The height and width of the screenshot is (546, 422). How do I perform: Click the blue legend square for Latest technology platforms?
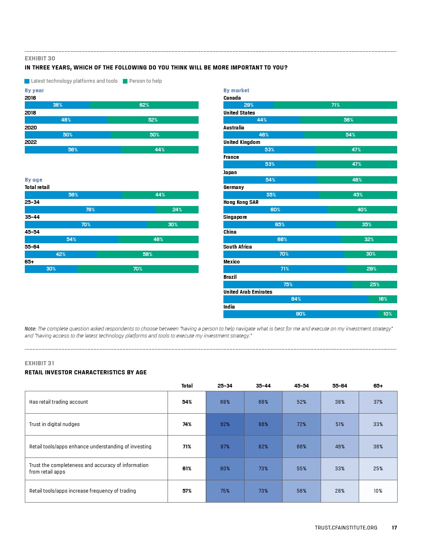tap(27, 81)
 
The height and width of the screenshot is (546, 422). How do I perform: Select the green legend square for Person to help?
tap(125, 81)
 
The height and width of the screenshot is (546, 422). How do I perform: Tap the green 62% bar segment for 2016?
tap(144, 105)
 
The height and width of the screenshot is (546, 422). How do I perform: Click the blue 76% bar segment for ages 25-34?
tap(90, 210)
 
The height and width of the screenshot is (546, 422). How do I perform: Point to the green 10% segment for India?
tap(388, 314)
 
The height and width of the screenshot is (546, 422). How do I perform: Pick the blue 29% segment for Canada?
tap(249, 105)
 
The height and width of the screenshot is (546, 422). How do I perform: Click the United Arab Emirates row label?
tap(248, 292)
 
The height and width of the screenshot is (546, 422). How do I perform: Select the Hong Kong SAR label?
tap(241, 202)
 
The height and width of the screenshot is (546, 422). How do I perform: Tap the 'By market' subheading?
tap(236, 91)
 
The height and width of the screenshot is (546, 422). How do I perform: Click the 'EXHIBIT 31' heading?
tap(39, 363)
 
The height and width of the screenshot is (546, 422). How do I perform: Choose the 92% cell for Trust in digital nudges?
tap(225, 424)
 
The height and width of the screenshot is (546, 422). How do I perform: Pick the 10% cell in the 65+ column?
tap(378, 491)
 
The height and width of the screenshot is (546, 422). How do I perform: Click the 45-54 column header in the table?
tap(302, 386)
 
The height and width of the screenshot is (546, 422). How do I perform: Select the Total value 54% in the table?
tap(187, 402)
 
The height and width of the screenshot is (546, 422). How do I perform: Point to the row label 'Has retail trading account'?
tap(59, 402)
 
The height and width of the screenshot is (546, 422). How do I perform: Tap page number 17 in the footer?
tap(394, 528)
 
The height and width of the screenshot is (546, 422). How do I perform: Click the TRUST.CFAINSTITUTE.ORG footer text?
tap(346, 528)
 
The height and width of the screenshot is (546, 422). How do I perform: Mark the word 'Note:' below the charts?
tap(31, 329)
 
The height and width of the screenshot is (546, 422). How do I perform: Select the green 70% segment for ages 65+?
tap(138, 269)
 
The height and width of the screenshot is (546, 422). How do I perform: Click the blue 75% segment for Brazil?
tap(288, 285)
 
